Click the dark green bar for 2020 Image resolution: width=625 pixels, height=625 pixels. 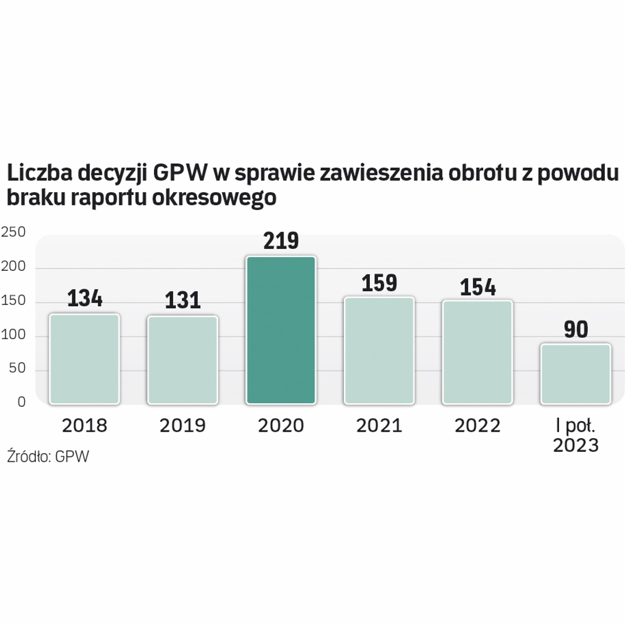[281, 330]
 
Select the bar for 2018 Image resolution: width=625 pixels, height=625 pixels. [84, 359]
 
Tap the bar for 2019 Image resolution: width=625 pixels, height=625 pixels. [182, 360]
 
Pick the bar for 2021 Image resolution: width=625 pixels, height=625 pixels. [379, 351]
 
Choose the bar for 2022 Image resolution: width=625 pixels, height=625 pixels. [477, 352]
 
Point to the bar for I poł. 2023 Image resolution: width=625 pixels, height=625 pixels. [575, 374]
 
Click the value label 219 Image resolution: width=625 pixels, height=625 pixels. [281, 241]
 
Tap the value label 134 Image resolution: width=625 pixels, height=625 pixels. [84, 299]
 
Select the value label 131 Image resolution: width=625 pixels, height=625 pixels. [182, 300]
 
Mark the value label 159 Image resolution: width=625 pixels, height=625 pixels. [379, 283]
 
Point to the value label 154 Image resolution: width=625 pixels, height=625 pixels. [477, 286]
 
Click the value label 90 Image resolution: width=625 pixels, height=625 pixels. [575, 330]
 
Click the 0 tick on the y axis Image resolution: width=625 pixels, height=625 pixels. [21, 402]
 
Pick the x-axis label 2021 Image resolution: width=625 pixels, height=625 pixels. [379, 426]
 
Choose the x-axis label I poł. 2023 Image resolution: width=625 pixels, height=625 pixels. [575, 436]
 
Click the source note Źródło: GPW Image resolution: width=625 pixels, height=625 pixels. [48, 456]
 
